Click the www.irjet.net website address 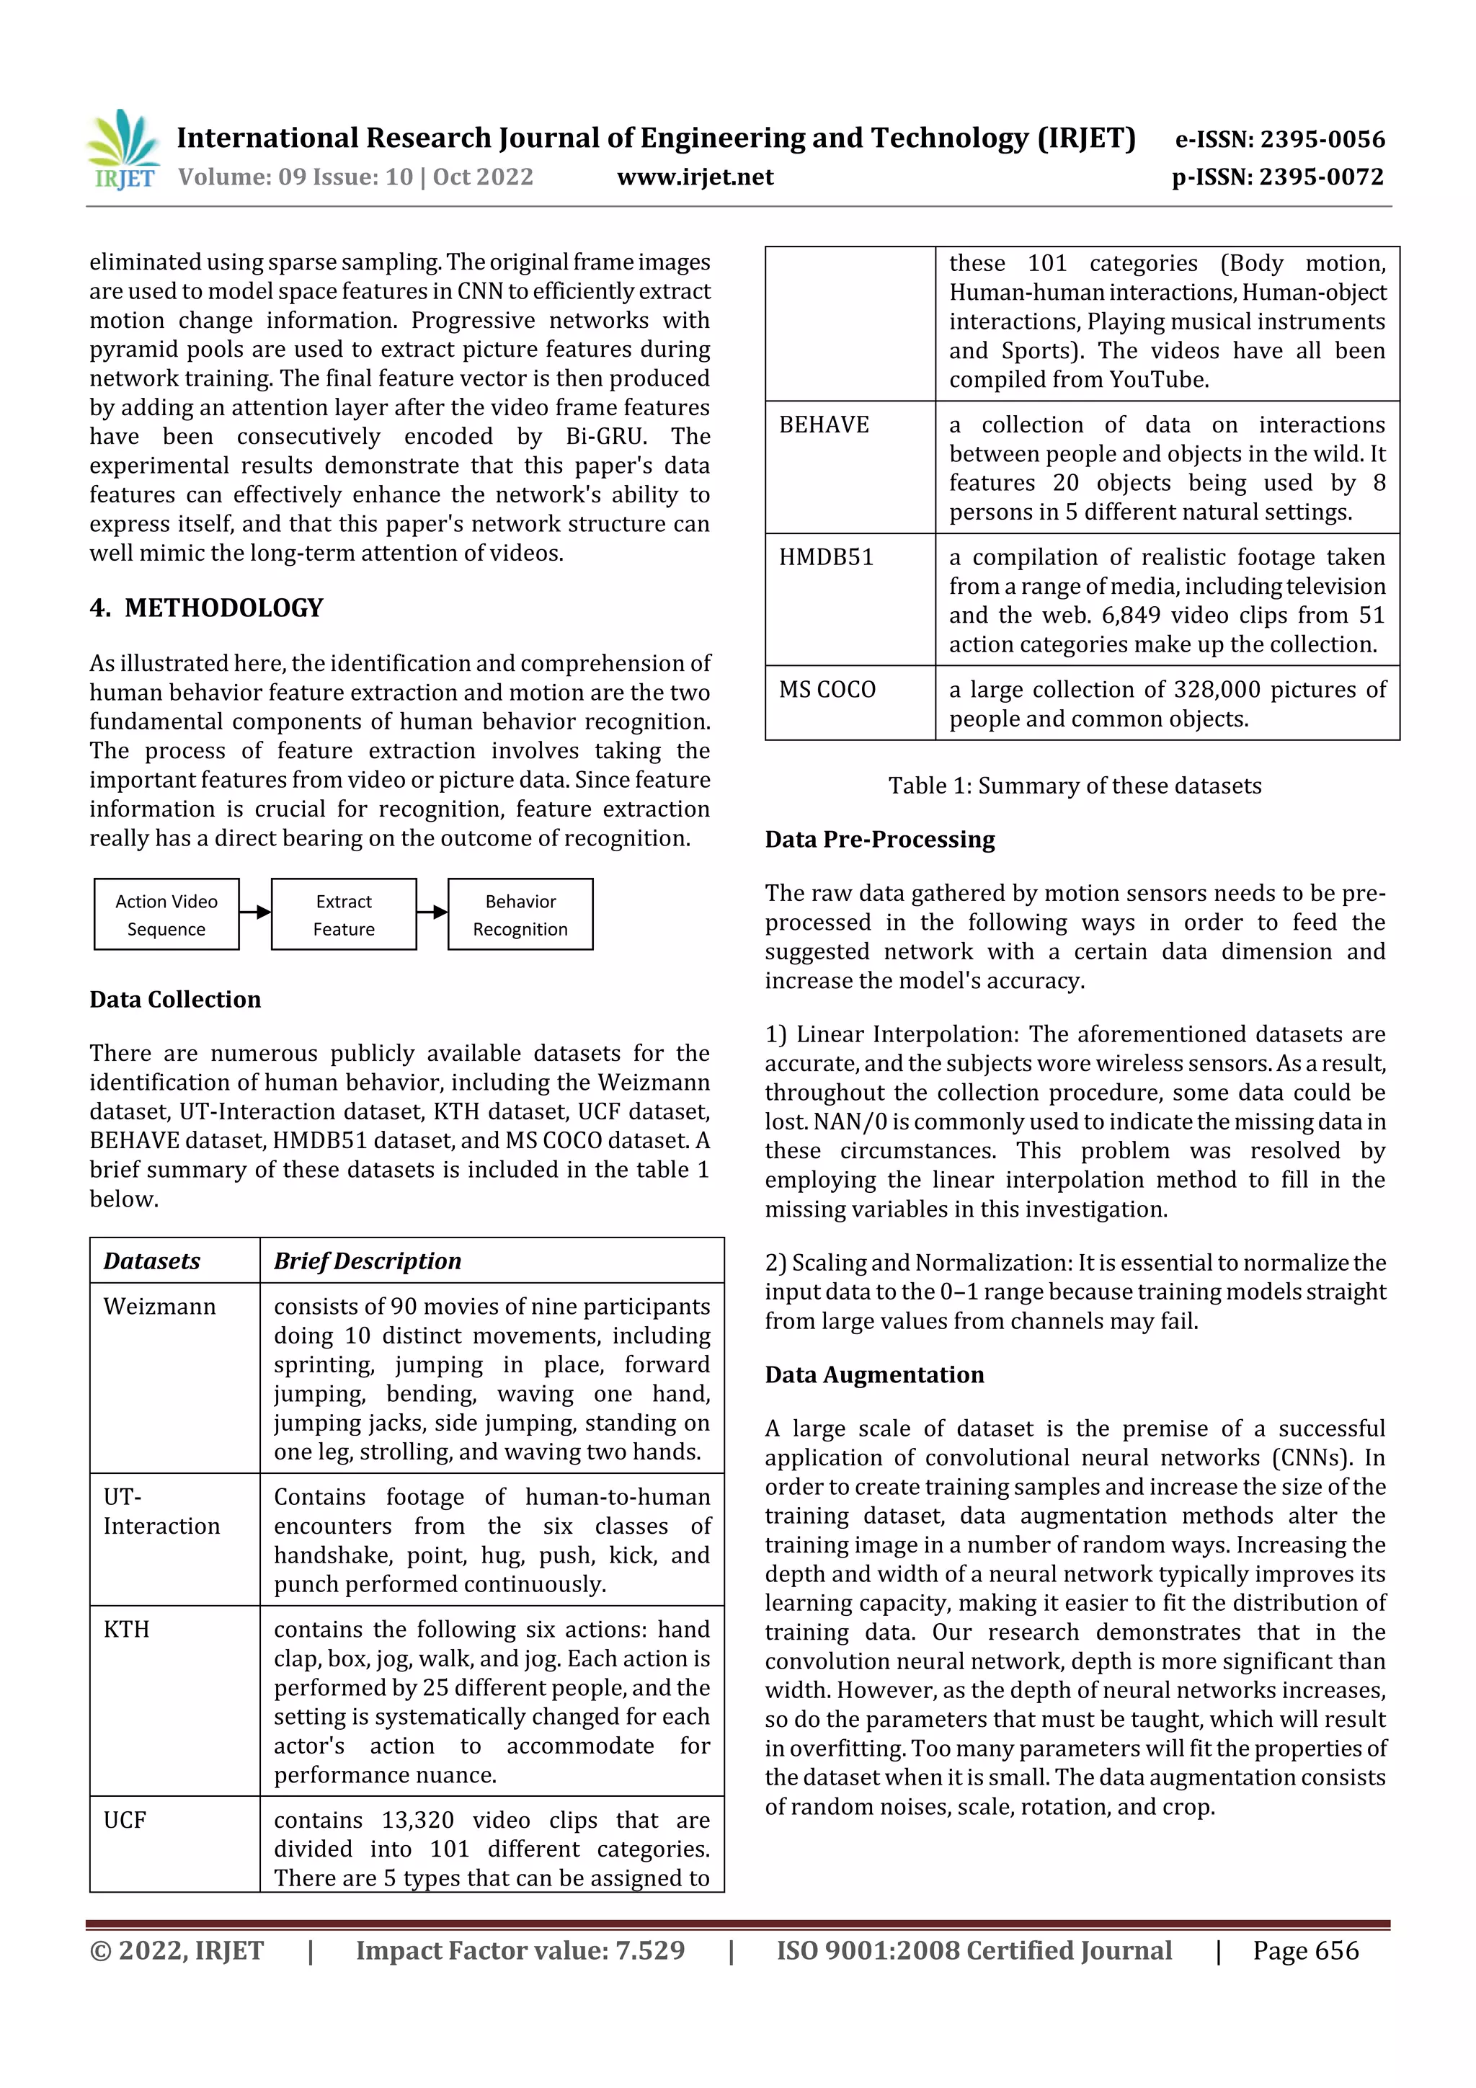pyautogui.click(x=695, y=177)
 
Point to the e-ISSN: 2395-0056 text pyautogui.click(x=1279, y=139)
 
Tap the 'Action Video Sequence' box pyautogui.click(x=166, y=915)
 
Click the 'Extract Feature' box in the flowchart pyautogui.click(x=344, y=915)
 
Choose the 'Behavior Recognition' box pyautogui.click(x=520, y=915)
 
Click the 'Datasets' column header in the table pyautogui.click(x=152, y=1261)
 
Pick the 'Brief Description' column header pyautogui.click(x=368, y=1261)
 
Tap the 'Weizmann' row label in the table pyautogui.click(x=160, y=1307)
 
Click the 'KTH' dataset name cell pyautogui.click(x=126, y=1630)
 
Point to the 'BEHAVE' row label pyautogui.click(x=824, y=425)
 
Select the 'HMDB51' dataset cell pyautogui.click(x=826, y=557)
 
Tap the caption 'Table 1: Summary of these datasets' pyautogui.click(x=1075, y=786)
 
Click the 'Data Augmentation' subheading pyautogui.click(x=874, y=1375)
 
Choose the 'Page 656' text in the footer pyautogui.click(x=1305, y=1950)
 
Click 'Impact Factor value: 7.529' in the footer pyautogui.click(x=520, y=1950)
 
